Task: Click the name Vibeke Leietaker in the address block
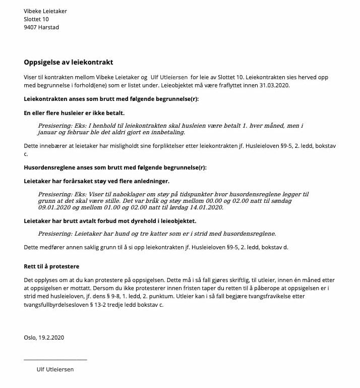point(45,11)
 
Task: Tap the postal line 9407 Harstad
point(41,27)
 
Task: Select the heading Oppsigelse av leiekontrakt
point(69,63)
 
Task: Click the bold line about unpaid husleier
point(74,113)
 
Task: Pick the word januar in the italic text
point(48,132)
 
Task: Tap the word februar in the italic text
point(82,132)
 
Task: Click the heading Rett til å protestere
point(51,266)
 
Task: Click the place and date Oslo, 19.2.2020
point(44,338)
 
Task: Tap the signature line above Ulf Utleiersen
point(55,359)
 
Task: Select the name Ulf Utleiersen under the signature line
point(55,369)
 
